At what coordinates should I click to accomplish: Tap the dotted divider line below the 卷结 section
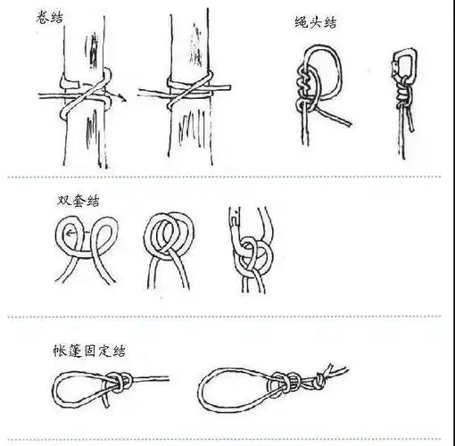coord(227,178)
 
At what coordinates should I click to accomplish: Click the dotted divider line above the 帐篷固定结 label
coord(227,317)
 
